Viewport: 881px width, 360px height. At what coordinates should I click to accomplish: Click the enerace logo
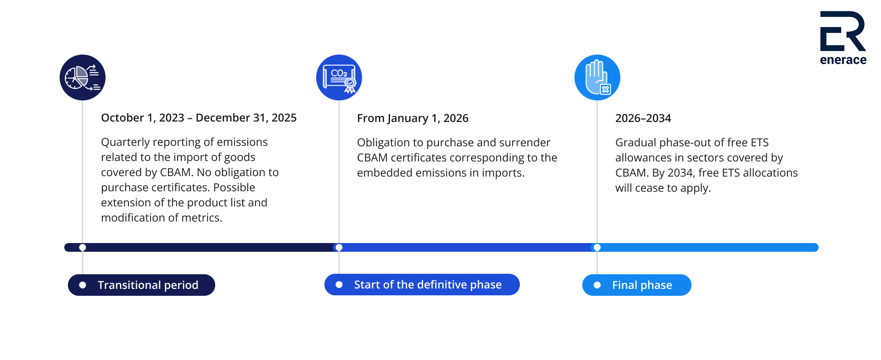coord(843,38)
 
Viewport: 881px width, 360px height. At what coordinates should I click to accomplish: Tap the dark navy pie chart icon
coord(83,78)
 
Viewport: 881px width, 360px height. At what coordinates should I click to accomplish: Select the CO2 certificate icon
coord(339,78)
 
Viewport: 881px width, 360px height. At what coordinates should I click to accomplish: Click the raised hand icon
coord(597,78)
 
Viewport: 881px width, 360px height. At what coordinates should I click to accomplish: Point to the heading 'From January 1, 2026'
coord(413,118)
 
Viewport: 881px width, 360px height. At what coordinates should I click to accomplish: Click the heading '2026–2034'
coord(643,118)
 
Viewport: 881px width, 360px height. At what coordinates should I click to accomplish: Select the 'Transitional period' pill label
coord(141,285)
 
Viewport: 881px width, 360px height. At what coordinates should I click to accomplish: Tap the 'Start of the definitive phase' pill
coord(422,285)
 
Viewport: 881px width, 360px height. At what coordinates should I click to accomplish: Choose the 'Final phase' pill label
coord(637,285)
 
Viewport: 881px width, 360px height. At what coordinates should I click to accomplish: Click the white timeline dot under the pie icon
coord(83,248)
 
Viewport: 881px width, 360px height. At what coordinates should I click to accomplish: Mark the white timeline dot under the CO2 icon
coord(339,248)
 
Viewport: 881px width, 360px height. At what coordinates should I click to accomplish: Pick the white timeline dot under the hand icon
coord(597,248)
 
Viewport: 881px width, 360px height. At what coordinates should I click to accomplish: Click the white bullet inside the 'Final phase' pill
coord(597,285)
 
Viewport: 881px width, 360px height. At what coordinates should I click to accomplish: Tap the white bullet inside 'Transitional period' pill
coord(83,285)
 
